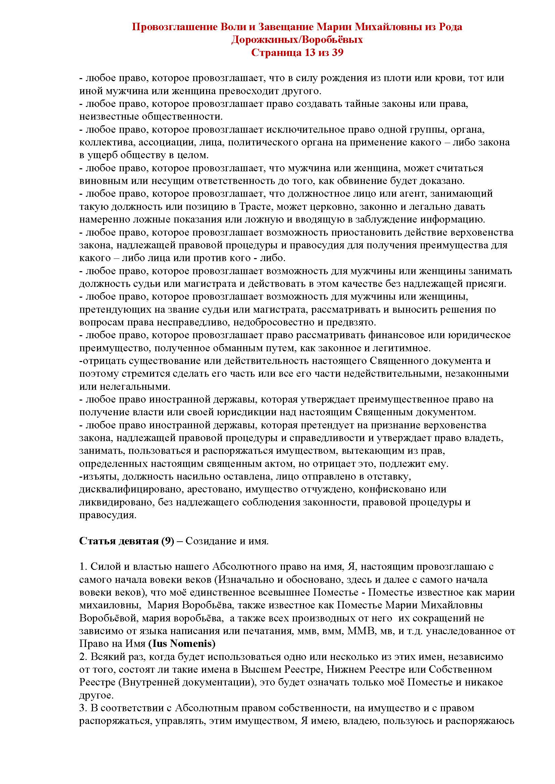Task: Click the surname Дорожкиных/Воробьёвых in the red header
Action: click(297, 40)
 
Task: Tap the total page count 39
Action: click(336, 53)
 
